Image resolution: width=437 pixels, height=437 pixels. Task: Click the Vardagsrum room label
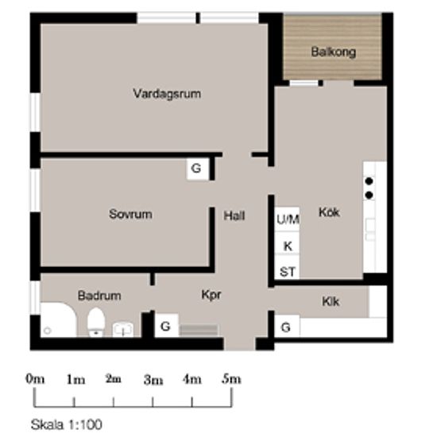click(x=167, y=94)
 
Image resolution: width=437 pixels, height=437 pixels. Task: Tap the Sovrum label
click(x=130, y=214)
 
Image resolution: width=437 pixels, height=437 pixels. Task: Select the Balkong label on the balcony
click(x=334, y=52)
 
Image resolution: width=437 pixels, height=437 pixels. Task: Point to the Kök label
click(x=329, y=212)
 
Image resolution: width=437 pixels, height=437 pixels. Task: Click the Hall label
click(x=234, y=215)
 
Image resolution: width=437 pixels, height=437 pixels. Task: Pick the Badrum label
click(x=99, y=296)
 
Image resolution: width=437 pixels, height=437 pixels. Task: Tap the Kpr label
click(x=211, y=295)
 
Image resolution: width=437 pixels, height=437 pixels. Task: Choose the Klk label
click(x=331, y=302)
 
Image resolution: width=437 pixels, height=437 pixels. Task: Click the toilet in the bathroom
click(x=96, y=322)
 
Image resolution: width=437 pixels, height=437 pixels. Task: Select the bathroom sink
click(x=123, y=330)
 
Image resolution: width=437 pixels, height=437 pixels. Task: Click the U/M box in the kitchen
click(x=287, y=219)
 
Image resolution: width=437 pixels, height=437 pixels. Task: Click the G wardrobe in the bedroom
click(x=197, y=168)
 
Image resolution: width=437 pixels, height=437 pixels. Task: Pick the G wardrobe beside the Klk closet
click(x=287, y=327)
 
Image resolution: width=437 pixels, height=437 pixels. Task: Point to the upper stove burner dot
click(x=369, y=181)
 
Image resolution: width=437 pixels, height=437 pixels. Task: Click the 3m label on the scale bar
click(x=153, y=380)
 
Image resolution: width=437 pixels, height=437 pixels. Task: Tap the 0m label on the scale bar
click(x=35, y=379)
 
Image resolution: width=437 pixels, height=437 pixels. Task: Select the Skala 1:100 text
click(x=66, y=424)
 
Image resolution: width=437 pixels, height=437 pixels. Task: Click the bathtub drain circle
click(x=48, y=331)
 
